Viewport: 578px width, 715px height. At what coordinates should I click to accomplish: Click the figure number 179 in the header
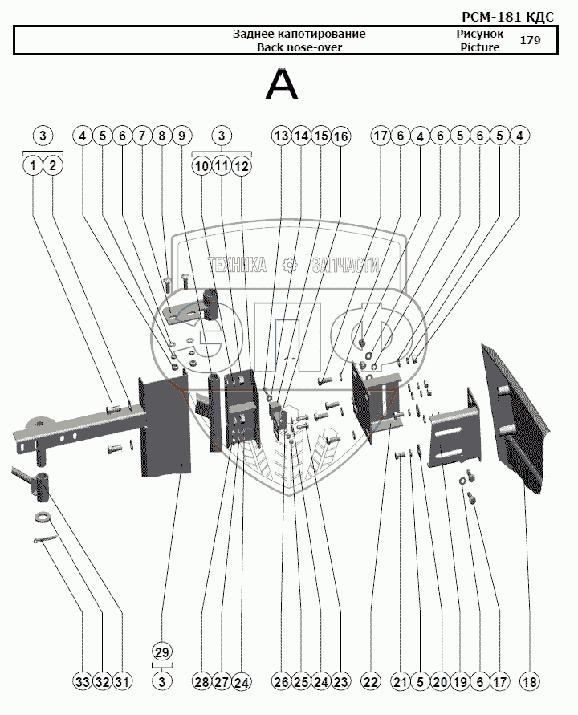[x=530, y=40]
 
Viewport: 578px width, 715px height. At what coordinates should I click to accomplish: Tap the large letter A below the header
[x=282, y=85]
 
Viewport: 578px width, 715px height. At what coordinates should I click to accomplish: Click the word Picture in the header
[x=480, y=47]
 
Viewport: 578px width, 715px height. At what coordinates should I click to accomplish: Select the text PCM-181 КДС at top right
[x=507, y=17]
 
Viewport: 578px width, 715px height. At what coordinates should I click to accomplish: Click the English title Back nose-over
[x=299, y=47]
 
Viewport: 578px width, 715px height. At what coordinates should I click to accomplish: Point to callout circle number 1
[x=32, y=165]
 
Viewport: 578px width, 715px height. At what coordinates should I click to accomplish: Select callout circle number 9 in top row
[x=181, y=136]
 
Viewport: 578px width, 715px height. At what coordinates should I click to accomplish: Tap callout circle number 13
[x=282, y=136]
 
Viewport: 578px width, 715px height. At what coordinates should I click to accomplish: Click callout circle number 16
[x=340, y=136]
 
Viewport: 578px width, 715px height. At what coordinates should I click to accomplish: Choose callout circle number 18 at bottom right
[x=529, y=682]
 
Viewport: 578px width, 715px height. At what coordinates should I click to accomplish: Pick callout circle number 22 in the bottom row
[x=370, y=682]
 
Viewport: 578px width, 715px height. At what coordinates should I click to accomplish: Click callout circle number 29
[x=162, y=652]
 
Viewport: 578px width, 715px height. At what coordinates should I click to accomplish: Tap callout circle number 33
[x=83, y=682]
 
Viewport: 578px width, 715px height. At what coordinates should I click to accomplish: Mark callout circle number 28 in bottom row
[x=201, y=682]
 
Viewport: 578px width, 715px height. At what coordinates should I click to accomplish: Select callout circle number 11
[x=222, y=165]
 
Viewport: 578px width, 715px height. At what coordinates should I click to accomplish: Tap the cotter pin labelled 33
[x=45, y=539]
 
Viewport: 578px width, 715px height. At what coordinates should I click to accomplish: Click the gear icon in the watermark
[x=289, y=265]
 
